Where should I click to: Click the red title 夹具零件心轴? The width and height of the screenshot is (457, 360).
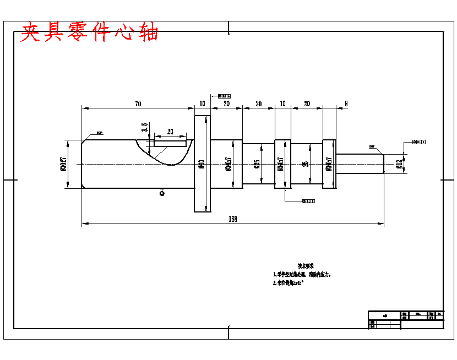(90, 32)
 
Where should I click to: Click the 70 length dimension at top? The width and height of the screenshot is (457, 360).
(138, 103)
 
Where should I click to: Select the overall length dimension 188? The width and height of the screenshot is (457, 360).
(232, 219)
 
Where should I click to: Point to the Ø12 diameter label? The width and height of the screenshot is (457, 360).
(398, 164)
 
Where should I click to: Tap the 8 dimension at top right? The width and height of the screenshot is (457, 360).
(346, 103)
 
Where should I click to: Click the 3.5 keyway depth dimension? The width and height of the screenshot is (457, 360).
(145, 128)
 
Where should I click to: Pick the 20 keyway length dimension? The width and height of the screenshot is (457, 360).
(170, 132)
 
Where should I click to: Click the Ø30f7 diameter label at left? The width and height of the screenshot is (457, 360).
(63, 164)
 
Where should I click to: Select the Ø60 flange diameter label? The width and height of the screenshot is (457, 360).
(202, 164)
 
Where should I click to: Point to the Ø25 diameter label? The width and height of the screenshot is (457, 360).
(257, 164)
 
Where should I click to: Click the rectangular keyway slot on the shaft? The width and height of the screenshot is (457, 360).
(170, 144)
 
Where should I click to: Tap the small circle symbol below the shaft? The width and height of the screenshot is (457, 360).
(162, 193)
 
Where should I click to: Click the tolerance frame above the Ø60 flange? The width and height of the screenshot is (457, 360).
(224, 96)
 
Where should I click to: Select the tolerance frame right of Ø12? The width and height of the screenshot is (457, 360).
(419, 142)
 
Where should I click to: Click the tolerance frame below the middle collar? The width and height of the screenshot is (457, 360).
(308, 201)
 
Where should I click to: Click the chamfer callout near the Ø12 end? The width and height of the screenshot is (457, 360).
(372, 146)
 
